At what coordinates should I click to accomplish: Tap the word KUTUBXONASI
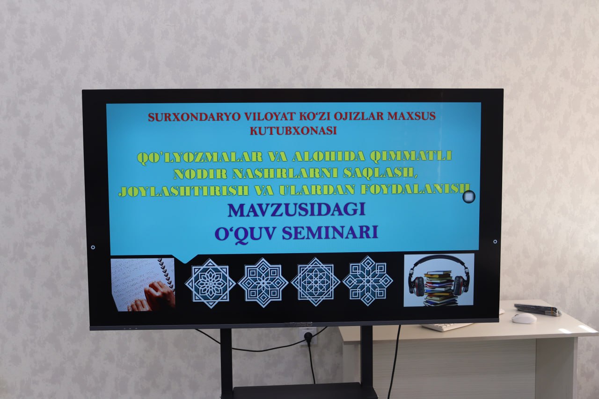pos(293,131)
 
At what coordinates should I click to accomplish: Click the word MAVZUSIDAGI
pos(296,210)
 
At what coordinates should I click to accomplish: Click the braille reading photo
pos(143,284)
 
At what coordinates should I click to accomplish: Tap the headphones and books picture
pos(439,280)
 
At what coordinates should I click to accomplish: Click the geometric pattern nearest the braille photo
pos(210,283)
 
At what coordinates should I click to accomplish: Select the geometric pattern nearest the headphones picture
pos(367,281)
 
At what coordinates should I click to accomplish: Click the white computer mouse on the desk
pos(524,318)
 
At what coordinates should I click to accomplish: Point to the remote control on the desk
pos(537,309)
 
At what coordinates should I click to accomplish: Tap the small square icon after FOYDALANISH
pos(468,197)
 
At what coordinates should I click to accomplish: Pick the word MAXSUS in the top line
pos(411,116)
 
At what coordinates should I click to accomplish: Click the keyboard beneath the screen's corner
pos(447,326)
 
